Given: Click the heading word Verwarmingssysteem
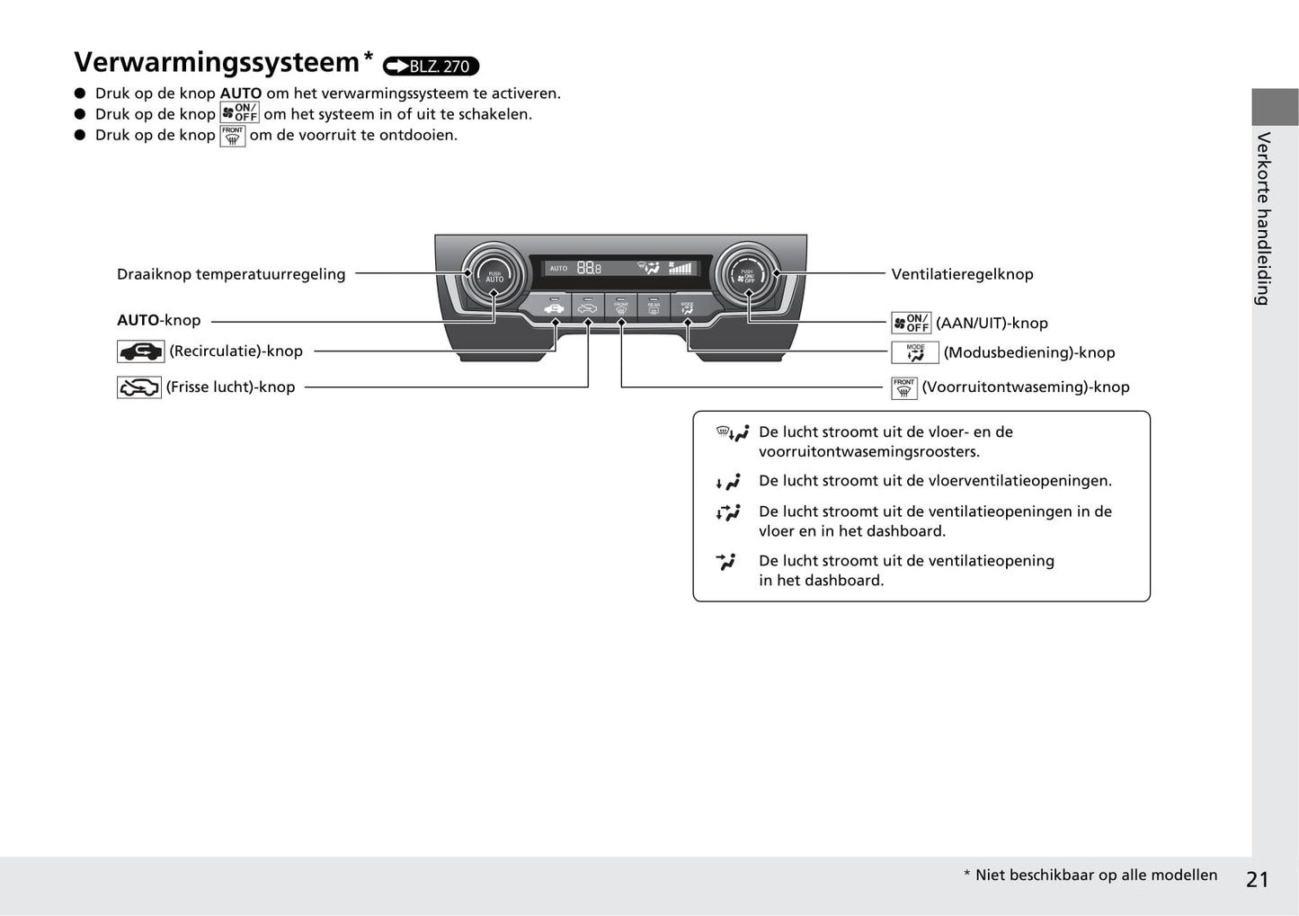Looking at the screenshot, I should tap(217, 62).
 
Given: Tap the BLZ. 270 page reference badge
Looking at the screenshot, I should tap(431, 66).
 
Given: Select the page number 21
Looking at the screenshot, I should tap(1257, 879).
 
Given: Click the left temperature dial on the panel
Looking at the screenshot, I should tap(494, 273).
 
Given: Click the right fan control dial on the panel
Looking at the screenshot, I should tap(747, 273).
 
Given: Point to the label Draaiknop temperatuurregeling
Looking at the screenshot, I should tap(231, 274).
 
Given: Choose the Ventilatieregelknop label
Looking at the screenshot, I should tap(962, 274).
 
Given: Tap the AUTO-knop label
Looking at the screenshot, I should tap(159, 320).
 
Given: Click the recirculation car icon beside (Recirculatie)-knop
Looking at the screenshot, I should tap(140, 351).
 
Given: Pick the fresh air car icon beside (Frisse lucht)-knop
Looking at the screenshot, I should tap(139, 387).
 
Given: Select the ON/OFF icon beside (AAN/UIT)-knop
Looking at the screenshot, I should tap(911, 323).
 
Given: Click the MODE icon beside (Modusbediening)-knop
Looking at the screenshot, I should tap(915, 352).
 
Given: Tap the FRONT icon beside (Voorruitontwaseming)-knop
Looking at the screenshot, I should tap(903, 387).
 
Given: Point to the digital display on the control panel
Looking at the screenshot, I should tap(620, 268).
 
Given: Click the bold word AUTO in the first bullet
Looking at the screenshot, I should tap(241, 93).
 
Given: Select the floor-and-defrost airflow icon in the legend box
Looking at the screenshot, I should tap(732, 433).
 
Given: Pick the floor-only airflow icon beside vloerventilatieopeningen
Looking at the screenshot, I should tap(728, 482).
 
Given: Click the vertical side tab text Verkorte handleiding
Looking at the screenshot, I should tap(1264, 218).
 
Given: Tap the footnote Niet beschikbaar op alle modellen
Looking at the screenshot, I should tap(1096, 875).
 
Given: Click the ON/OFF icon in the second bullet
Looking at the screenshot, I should tap(240, 113).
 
